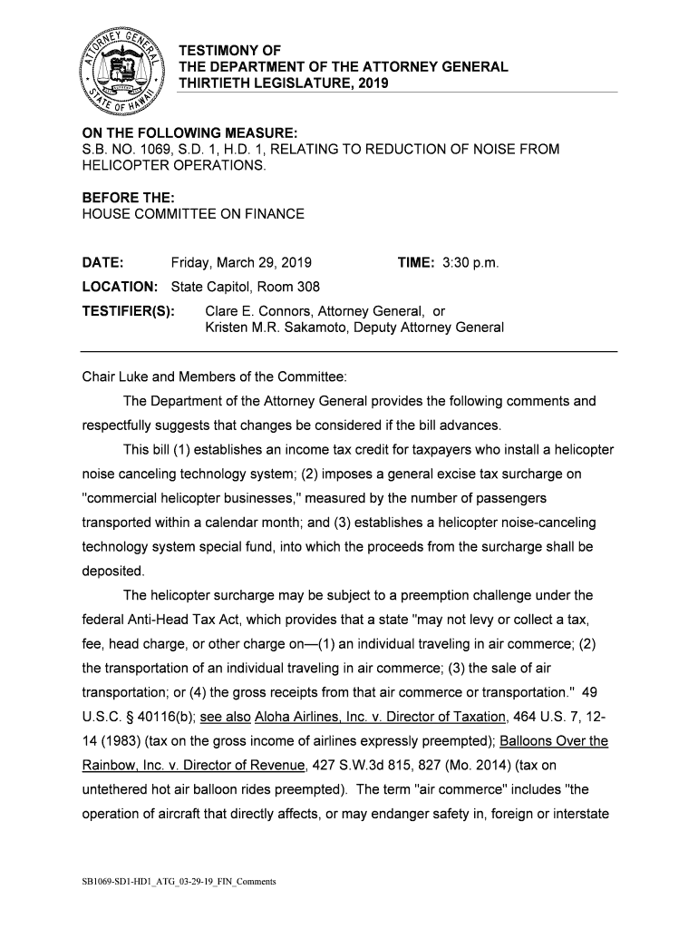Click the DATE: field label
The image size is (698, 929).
click(x=102, y=263)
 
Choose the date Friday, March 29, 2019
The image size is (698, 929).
click(x=241, y=263)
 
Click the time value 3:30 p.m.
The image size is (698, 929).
click(x=470, y=263)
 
